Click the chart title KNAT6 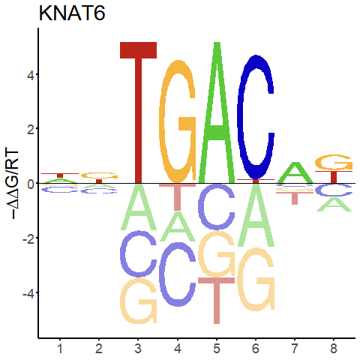pyautogui.click(x=72, y=13)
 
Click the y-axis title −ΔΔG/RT pyautogui.click(x=12, y=184)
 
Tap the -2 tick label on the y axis pyautogui.click(x=28, y=238)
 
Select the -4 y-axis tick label pyautogui.click(x=28, y=293)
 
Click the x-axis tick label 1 pyautogui.click(x=60, y=349)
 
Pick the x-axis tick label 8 pyautogui.click(x=334, y=349)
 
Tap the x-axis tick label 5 pyautogui.click(x=217, y=349)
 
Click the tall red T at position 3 pyautogui.click(x=138, y=112)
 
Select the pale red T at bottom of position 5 pyautogui.click(x=217, y=300)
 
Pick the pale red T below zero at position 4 pyautogui.click(x=178, y=196)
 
